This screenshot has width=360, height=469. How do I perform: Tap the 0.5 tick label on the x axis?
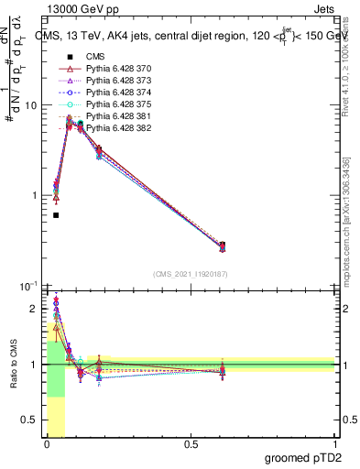point(191,444)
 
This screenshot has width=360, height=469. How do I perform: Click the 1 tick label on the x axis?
point(334,444)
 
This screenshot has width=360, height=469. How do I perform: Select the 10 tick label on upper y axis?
point(29,105)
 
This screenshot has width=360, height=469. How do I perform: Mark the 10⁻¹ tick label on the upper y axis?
point(27,287)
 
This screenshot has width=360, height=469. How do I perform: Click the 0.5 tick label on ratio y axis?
point(29,421)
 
